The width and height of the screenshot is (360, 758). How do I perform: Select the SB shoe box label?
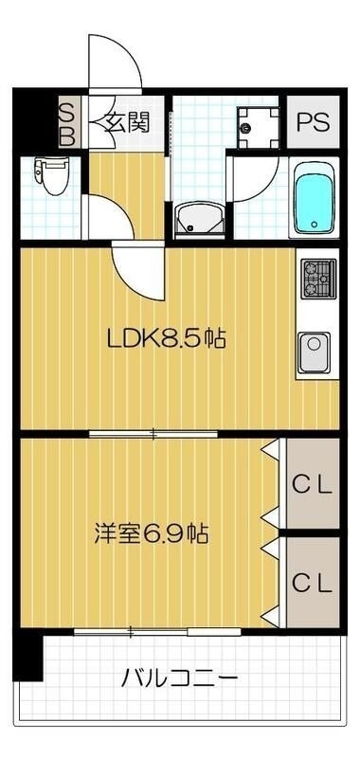pos(67,123)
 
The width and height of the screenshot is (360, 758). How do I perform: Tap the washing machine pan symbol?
pos(255,122)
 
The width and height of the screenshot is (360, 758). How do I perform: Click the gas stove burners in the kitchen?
pos(316,278)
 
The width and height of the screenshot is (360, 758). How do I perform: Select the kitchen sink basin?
pos(315,352)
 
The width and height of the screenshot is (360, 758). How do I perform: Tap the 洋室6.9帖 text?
pos(152,533)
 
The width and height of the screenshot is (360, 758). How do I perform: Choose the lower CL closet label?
pos(312,582)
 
